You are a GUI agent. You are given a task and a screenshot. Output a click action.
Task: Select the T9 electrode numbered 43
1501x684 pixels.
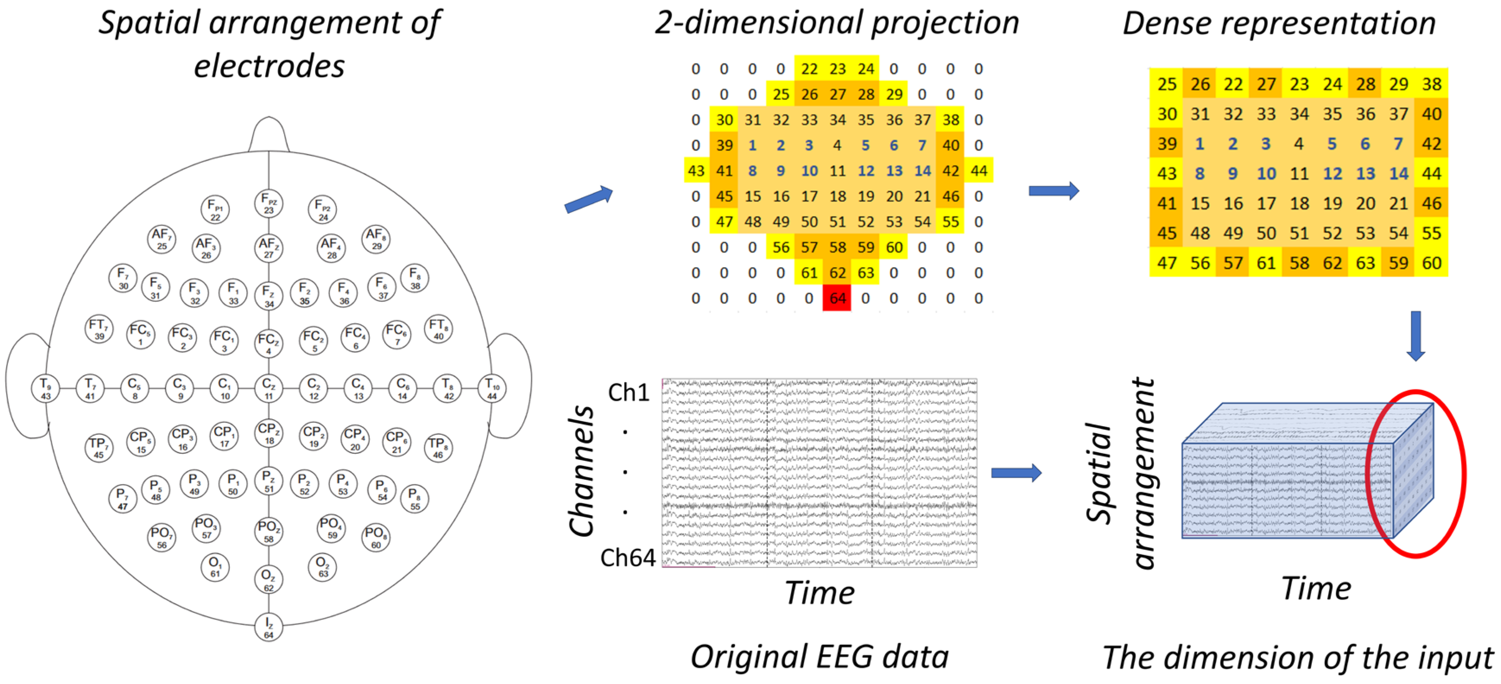(x=45, y=388)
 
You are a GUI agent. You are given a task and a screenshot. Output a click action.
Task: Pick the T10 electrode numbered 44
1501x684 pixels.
(x=492, y=388)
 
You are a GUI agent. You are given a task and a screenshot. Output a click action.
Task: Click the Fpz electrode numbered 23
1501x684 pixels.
(x=269, y=203)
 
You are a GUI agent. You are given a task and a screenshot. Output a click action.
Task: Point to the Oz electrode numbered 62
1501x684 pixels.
(x=269, y=579)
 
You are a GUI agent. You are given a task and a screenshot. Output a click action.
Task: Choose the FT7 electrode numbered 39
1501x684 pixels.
(x=99, y=329)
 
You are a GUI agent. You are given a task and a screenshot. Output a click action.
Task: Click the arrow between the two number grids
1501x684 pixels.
(x=1053, y=190)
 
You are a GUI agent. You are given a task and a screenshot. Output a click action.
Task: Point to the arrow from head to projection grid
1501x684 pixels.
(x=588, y=199)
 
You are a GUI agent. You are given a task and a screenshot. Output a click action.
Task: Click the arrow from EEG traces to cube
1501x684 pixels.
(x=1016, y=472)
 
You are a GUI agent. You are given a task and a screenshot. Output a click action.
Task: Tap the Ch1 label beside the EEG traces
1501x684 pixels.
(x=628, y=393)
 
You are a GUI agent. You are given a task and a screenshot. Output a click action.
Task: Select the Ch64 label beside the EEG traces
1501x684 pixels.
(x=628, y=557)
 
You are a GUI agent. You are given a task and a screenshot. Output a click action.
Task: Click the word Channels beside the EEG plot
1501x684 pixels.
(x=581, y=471)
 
